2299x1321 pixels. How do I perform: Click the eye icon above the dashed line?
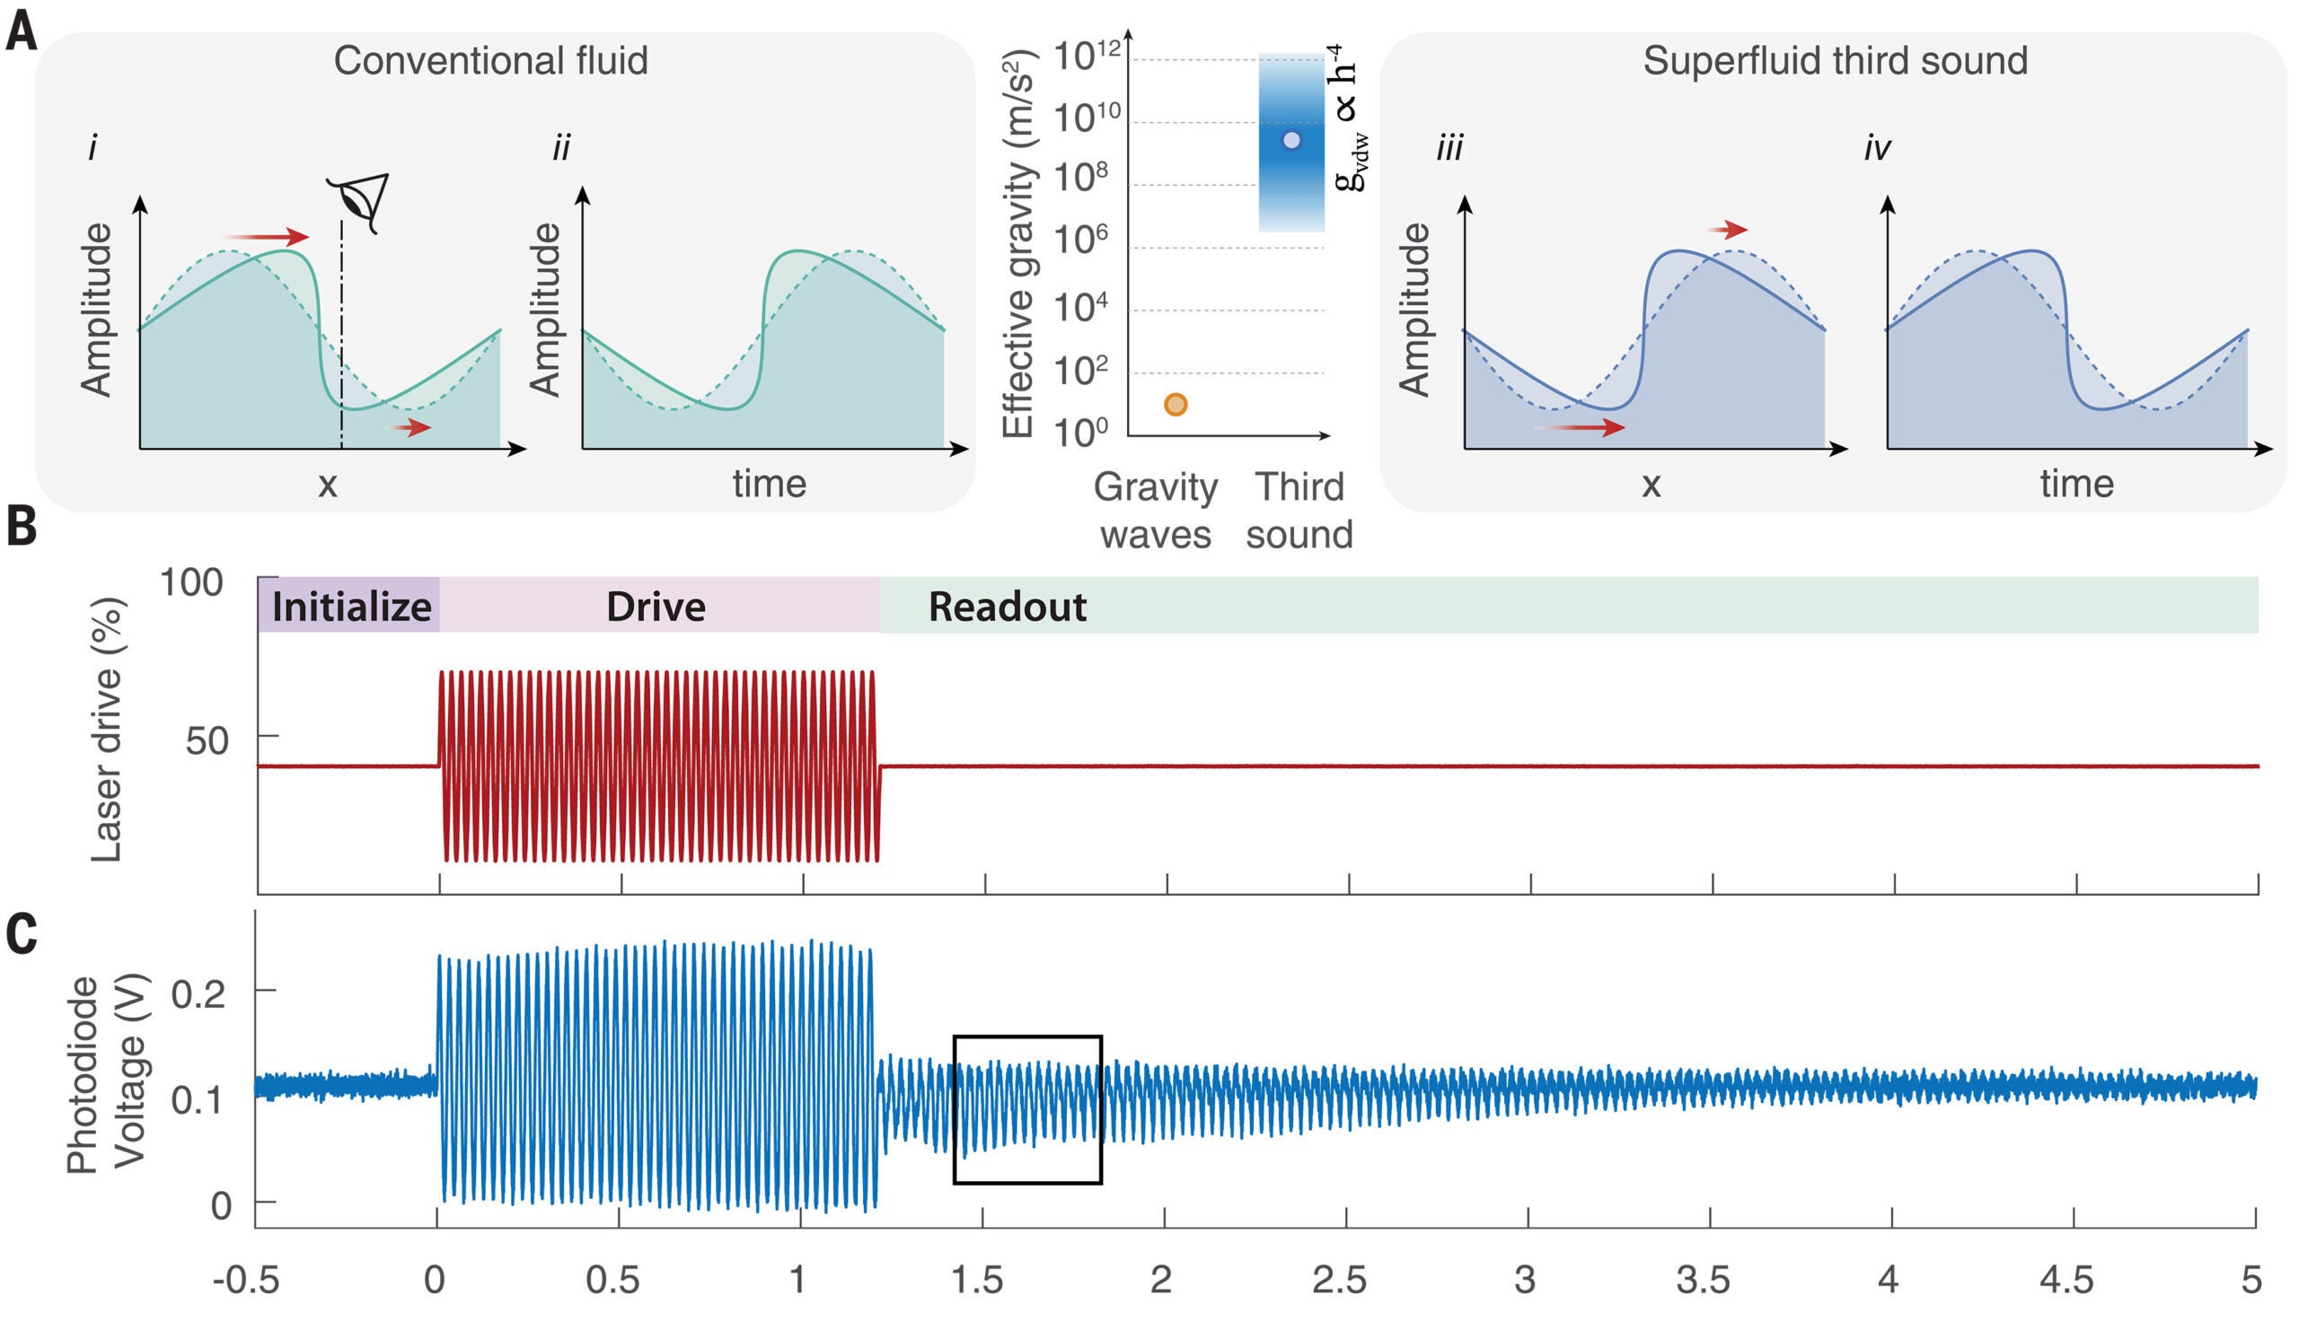pyautogui.click(x=360, y=201)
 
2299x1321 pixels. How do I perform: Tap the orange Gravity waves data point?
pyautogui.click(x=1176, y=405)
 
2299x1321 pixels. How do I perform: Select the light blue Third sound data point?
pyautogui.click(x=1291, y=141)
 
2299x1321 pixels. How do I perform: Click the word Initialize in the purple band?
pyautogui.click(x=351, y=607)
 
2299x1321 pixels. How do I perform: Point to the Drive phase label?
pyautogui.click(x=656, y=607)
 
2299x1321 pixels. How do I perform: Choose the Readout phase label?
pyautogui.click(x=1007, y=607)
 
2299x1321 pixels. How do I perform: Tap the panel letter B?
pyautogui.click(x=22, y=526)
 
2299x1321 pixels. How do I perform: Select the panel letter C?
pyautogui.click(x=22, y=934)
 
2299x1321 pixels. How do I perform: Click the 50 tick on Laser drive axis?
pyautogui.click(x=207, y=741)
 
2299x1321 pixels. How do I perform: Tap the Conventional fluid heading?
pyautogui.click(x=490, y=61)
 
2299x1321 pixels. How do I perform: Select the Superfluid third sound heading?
pyautogui.click(x=1835, y=61)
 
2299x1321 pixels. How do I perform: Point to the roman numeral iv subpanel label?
pyautogui.click(x=1876, y=148)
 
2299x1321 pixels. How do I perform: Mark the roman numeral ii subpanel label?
pyautogui.click(x=562, y=148)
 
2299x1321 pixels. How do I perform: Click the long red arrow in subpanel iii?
pyautogui.click(x=1580, y=427)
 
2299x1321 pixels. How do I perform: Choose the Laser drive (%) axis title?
pyautogui.click(x=107, y=730)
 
